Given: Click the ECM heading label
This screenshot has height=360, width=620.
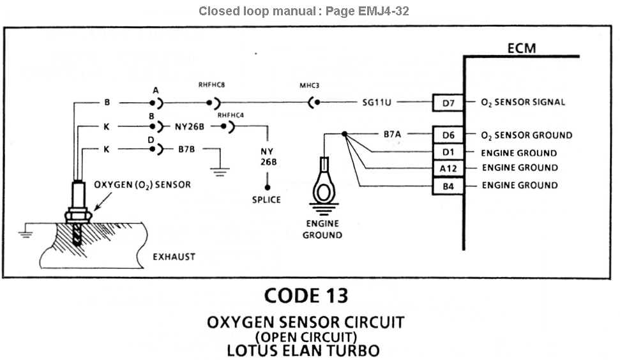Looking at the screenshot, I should tap(521, 49).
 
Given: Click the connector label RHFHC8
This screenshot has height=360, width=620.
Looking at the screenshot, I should tap(212, 84).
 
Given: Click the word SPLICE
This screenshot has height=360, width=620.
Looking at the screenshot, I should tap(266, 200).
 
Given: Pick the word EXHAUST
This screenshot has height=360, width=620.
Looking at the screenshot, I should tap(174, 257).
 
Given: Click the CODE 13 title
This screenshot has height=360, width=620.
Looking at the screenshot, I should tap(306, 296).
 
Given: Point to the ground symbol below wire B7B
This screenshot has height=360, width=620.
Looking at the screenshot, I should tap(220, 170).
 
